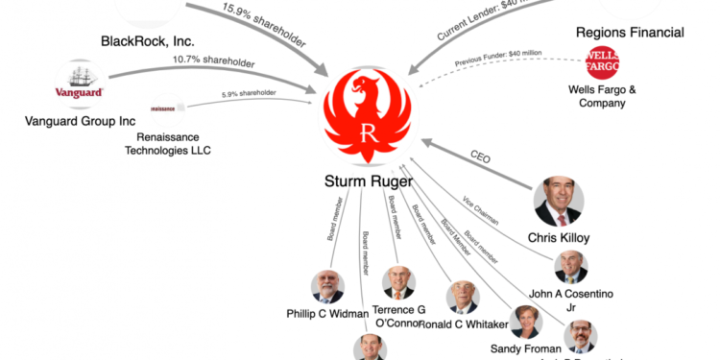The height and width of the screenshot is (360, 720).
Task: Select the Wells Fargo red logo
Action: tap(602, 64)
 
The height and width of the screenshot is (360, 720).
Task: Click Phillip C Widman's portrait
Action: tap(327, 286)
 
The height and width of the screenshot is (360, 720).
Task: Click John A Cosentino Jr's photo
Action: tap(570, 267)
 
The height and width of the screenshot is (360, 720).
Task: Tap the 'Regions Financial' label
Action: tap(630, 33)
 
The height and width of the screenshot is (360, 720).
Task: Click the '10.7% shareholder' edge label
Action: tap(215, 63)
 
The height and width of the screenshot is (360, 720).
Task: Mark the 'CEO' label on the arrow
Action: tap(479, 156)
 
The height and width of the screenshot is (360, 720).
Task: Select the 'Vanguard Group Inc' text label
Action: tap(80, 122)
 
